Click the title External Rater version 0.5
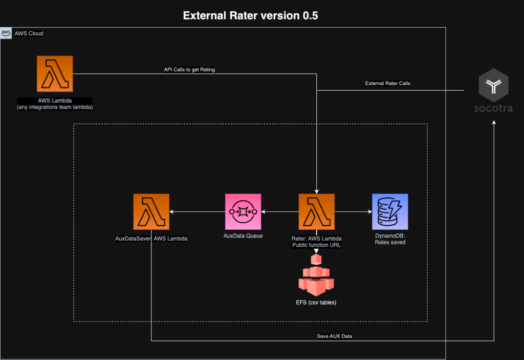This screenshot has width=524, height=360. [251, 15]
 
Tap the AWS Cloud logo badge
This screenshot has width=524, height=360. [7, 33]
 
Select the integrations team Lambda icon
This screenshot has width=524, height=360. [55, 74]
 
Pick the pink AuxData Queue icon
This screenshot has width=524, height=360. [243, 211]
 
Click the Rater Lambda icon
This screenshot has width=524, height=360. [317, 211]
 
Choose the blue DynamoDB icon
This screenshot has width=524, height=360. [390, 211]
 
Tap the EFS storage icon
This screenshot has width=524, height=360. [316, 278]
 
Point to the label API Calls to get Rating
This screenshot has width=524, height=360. [186, 70]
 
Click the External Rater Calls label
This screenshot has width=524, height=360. [387, 83]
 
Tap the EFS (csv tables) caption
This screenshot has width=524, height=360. [316, 302]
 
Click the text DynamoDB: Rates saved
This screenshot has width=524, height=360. [390, 239]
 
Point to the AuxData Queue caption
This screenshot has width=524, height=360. [243, 236]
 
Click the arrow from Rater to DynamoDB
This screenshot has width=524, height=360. [353, 211]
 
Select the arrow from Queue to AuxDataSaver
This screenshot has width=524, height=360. [197, 211]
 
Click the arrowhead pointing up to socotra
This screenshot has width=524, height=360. [494, 124]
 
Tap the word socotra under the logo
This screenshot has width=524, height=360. [493, 109]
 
